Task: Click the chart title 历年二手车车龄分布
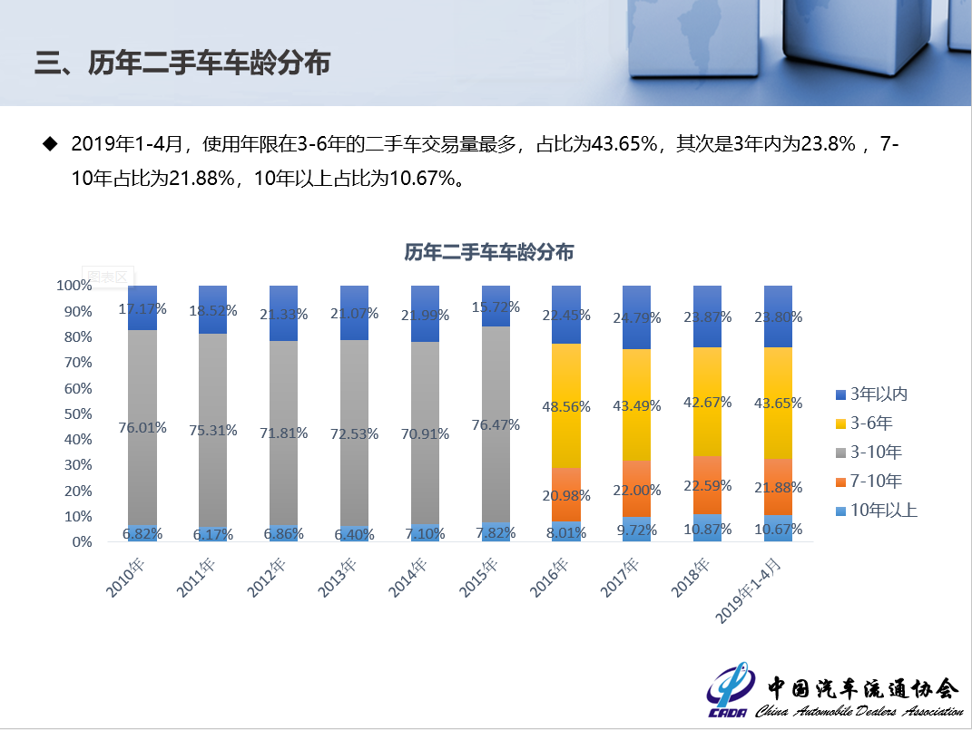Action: [x=488, y=253]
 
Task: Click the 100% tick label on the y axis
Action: [x=73, y=285]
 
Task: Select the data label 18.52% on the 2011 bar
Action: [x=213, y=310]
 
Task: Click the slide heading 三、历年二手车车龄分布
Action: [x=182, y=63]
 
